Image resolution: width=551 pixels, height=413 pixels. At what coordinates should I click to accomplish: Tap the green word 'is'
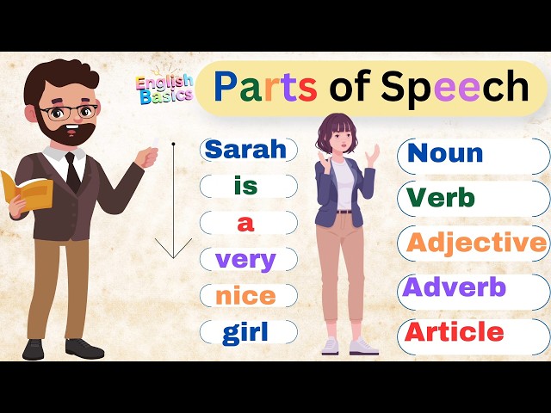click(x=245, y=186)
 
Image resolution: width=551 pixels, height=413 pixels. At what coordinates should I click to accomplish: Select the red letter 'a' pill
click(x=247, y=223)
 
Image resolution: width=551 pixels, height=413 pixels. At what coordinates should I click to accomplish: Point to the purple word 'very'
click(x=245, y=259)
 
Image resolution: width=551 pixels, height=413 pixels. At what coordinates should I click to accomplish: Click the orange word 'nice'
click(x=245, y=296)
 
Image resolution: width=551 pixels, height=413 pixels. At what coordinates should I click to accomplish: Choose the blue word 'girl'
click(x=245, y=332)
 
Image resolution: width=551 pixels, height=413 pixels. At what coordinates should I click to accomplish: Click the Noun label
click(x=445, y=153)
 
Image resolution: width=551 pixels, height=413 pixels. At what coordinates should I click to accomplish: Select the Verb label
click(x=440, y=198)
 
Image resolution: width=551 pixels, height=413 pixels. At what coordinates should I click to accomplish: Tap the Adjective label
click(x=476, y=243)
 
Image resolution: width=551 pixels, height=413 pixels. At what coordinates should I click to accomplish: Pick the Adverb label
click(x=455, y=287)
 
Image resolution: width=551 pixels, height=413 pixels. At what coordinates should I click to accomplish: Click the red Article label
click(x=455, y=331)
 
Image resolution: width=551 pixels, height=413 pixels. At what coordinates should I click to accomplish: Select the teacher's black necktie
click(x=74, y=171)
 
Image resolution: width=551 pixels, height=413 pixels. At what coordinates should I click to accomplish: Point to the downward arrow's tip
click(x=174, y=256)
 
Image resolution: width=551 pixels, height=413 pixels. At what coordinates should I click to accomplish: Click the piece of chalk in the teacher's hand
click(x=155, y=147)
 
